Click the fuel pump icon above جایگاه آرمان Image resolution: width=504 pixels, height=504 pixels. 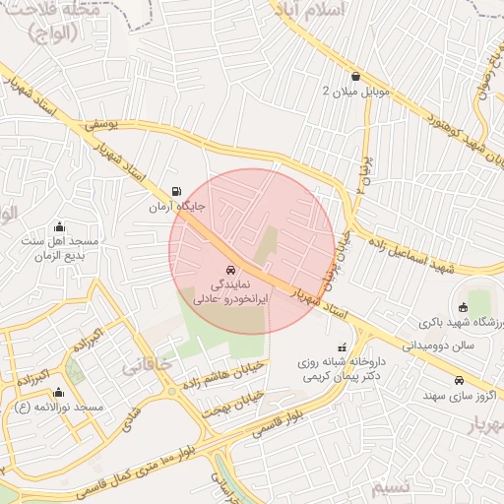click(176, 192)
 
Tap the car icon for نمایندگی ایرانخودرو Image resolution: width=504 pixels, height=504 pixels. click(229, 269)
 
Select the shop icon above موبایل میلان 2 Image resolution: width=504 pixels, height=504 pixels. click(355, 76)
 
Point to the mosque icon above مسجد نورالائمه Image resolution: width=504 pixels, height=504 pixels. click(59, 391)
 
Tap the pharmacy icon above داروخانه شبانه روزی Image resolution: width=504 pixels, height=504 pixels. click(342, 347)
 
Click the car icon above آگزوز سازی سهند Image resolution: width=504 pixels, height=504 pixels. click(459, 380)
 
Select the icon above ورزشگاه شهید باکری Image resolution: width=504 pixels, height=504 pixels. click(460, 306)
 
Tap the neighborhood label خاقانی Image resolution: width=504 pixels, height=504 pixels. click(146, 366)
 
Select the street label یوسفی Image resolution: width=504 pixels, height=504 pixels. click(101, 124)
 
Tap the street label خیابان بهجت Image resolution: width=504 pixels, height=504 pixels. click(234, 401)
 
